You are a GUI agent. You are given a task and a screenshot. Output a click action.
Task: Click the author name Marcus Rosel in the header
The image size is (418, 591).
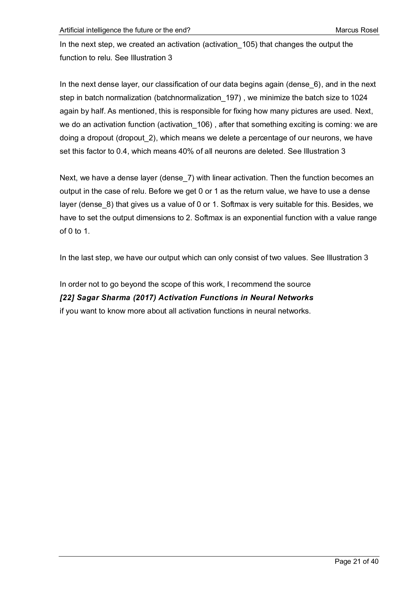(x=357, y=30)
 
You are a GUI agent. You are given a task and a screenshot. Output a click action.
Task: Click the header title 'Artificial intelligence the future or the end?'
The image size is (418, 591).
(x=125, y=30)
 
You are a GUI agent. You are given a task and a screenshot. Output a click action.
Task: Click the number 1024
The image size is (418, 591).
(x=359, y=98)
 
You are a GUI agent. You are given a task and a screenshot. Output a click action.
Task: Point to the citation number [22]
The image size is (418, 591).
(x=67, y=298)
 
